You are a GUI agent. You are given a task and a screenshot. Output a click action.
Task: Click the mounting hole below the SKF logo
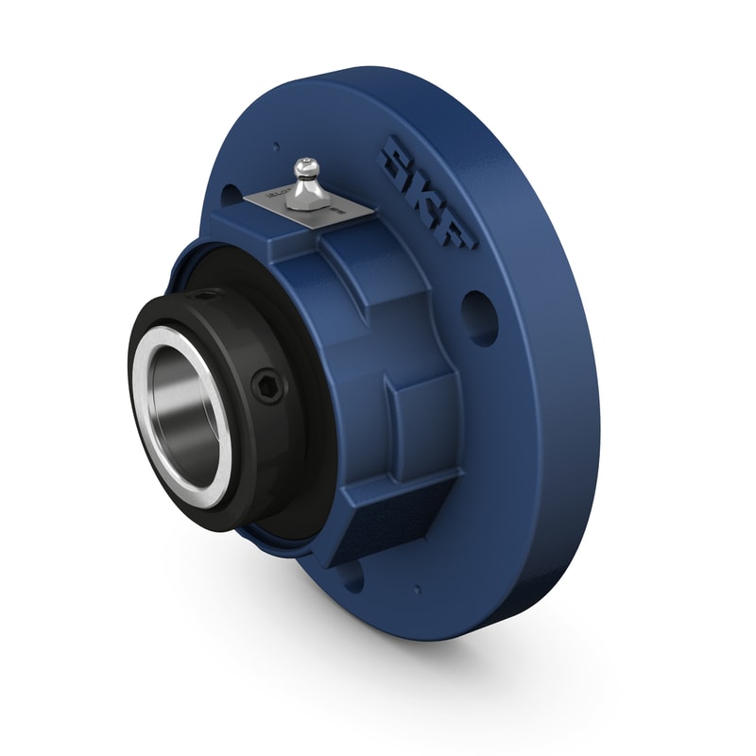pos(481,318)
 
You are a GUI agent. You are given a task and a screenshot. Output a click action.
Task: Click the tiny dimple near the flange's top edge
pos(276,146)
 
